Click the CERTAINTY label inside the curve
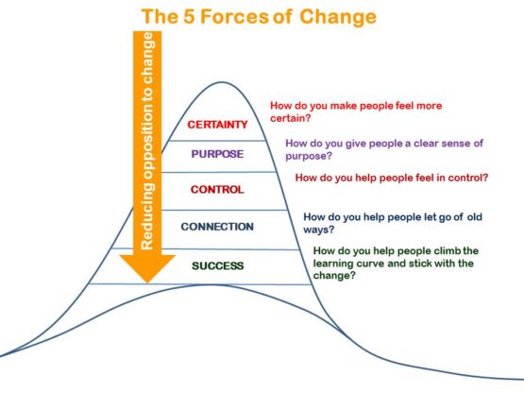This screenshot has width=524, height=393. pyautogui.click(x=217, y=124)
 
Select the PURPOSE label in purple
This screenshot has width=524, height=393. pyautogui.click(x=217, y=155)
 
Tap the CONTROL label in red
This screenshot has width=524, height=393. pyautogui.click(x=217, y=189)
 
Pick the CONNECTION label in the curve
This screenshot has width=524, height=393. pyautogui.click(x=217, y=227)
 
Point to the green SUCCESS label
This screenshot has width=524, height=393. pyautogui.click(x=217, y=265)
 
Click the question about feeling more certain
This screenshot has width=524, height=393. pyautogui.click(x=356, y=112)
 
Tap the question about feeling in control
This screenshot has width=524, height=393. pyautogui.click(x=391, y=178)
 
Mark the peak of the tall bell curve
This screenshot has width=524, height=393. pyautogui.click(x=219, y=83)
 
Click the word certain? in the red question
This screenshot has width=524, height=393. pyautogui.click(x=293, y=119)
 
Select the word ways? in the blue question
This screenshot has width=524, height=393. pyautogui.click(x=319, y=229)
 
